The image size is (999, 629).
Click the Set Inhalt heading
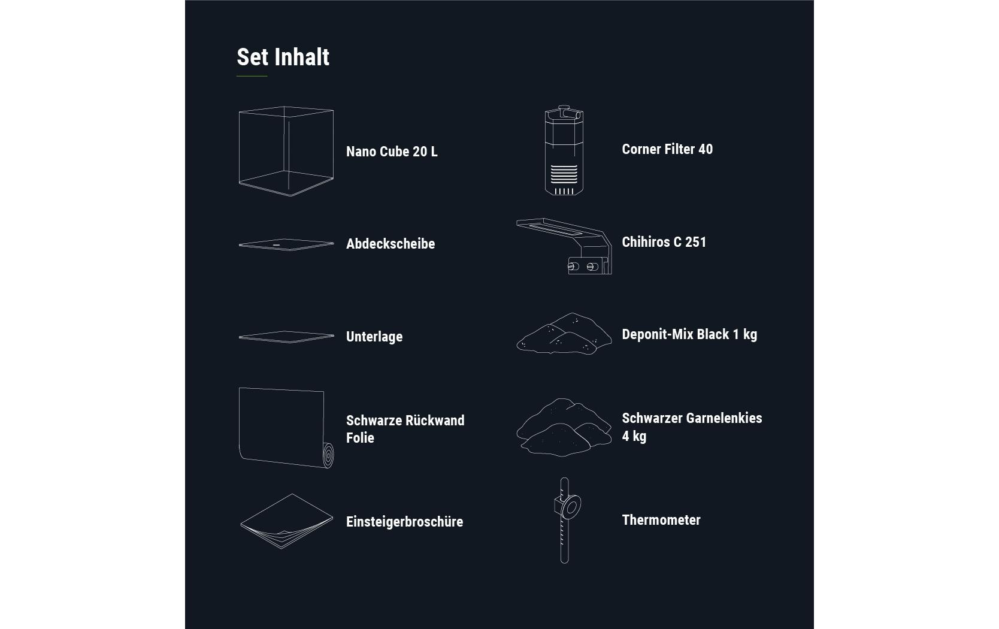283,57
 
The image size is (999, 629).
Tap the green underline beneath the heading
252,76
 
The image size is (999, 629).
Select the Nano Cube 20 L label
392,152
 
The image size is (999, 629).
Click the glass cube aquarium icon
286,151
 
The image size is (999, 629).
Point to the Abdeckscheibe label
390,244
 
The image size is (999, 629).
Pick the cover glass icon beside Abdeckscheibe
286,244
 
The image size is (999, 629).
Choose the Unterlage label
374,336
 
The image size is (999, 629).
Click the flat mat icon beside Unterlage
286,337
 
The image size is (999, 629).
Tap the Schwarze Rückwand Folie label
405,429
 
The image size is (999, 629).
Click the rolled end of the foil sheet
328,455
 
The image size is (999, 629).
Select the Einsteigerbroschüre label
404,522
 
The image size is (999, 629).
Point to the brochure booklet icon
286,521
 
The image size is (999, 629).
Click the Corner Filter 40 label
667,149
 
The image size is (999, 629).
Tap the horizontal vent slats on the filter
564,174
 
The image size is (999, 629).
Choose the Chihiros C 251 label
664,242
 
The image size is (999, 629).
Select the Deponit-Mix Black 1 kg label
689,334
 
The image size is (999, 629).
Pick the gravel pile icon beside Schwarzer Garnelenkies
564,427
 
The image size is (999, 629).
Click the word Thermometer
661,520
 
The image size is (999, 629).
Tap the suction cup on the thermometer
571,507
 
